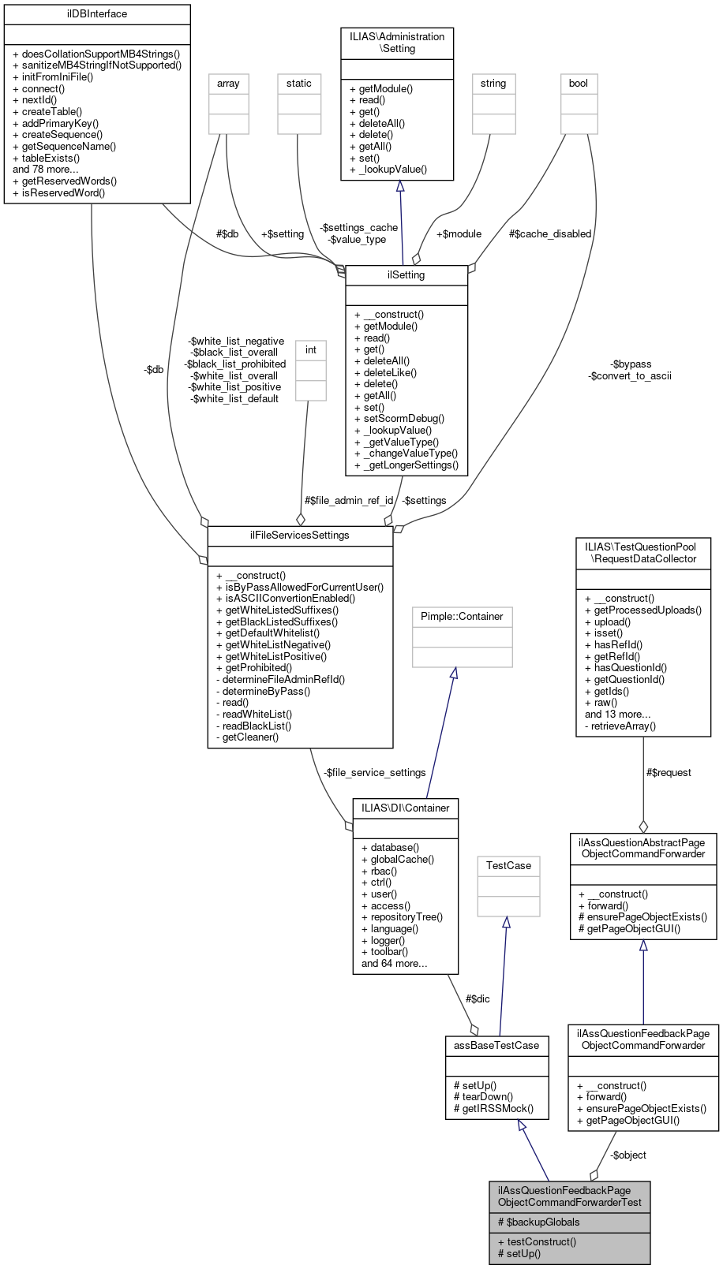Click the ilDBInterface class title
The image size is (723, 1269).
tap(97, 14)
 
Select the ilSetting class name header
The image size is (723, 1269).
tap(406, 275)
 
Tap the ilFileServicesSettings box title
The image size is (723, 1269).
tap(300, 536)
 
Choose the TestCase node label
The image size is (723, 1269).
tap(508, 866)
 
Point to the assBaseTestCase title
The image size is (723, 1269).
tap(496, 1046)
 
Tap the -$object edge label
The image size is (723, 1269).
tap(628, 1155)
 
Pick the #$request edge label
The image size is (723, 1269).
tap(669, 773)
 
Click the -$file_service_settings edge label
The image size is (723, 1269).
tap(374, 773)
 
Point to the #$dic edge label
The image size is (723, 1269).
tap(478, 998)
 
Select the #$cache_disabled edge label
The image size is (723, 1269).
tap(550, 234)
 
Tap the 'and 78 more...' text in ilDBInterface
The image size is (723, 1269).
tap(45, 170)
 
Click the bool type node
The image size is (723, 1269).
tap(579, 84)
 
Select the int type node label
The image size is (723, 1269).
tap(311, 350)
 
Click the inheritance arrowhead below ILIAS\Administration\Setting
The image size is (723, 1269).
tap(400, 186)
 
